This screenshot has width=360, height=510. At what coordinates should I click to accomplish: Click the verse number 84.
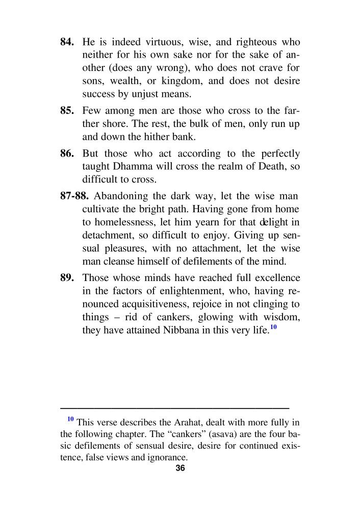(68, 42)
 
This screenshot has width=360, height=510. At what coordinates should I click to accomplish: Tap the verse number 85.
(68, 111)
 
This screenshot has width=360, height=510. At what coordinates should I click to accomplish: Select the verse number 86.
(68, 154)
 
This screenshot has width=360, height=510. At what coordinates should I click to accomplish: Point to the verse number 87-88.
(75, 196)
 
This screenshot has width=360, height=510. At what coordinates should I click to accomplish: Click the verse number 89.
(68, 278)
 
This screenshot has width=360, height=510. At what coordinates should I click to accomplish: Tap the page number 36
(180, 469)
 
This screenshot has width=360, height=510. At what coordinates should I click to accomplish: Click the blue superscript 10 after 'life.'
(273, 327)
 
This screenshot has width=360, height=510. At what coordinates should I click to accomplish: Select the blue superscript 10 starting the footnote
(70, 419)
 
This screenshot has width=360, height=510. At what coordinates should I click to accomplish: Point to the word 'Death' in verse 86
(267, 166)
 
